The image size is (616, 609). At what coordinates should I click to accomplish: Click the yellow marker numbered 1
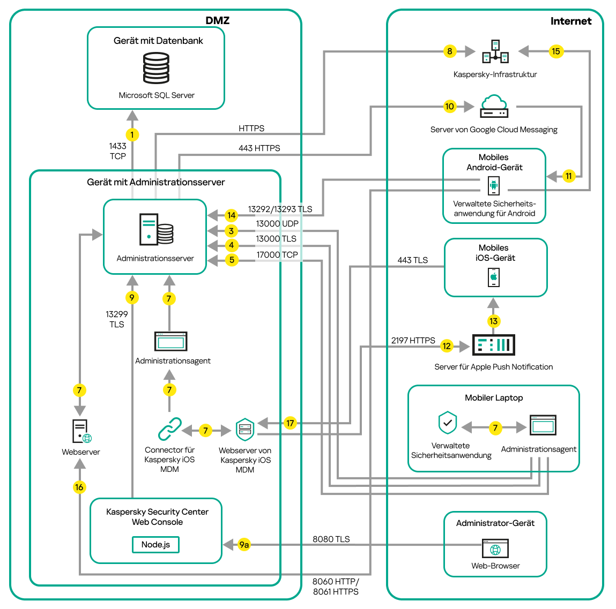coord(132,134)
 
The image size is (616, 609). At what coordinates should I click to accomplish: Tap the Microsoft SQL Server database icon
coord(156,68)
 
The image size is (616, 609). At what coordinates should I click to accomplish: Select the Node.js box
coord(155,545)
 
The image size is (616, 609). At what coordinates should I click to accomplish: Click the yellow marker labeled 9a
coord(244,545)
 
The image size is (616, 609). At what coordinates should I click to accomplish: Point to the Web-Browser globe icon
coord(495,549)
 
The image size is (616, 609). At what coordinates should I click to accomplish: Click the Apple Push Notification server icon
coord(493,345)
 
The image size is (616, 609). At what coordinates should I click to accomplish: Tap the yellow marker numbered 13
coord(493,321)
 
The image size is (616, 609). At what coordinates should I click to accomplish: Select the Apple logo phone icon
coord(493,277)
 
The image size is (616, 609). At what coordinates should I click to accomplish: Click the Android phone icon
coord(493,186)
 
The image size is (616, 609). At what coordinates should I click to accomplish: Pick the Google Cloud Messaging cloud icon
coord(494,107)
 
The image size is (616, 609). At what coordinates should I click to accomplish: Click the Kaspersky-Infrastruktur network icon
coord(495,51)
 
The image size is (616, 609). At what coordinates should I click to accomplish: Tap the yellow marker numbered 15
coord(555,51)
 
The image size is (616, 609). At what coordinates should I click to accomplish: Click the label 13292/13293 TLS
coord(280,209)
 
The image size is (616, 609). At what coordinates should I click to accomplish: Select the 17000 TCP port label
coord(277,255)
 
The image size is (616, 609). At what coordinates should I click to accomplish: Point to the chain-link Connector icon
coord(169,429)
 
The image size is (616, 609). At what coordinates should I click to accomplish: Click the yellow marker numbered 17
coord(290,423)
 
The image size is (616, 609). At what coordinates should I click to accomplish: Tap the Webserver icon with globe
coord(81,431)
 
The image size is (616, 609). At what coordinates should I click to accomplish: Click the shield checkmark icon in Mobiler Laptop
coord(448,423)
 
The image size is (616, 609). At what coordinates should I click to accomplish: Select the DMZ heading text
coord(217,21)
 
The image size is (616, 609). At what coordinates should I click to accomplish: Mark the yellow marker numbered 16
coord(79,487)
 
